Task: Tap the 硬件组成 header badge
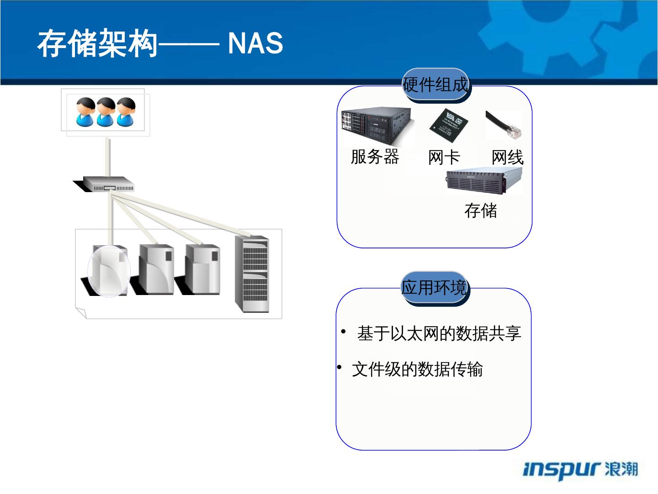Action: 435,85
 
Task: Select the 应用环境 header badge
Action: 434,288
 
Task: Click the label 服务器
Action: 375,157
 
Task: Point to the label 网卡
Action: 444,158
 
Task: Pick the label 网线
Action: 507,158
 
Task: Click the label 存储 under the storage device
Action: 480,211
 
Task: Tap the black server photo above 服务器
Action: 378,124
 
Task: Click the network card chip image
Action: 447,123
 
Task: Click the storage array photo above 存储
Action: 484,181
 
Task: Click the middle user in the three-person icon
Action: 106,112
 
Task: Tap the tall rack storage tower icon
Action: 252,274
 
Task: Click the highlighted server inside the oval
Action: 109,270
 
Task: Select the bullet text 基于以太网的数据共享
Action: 439,333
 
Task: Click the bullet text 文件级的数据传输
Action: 417,369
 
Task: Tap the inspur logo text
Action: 561,469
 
